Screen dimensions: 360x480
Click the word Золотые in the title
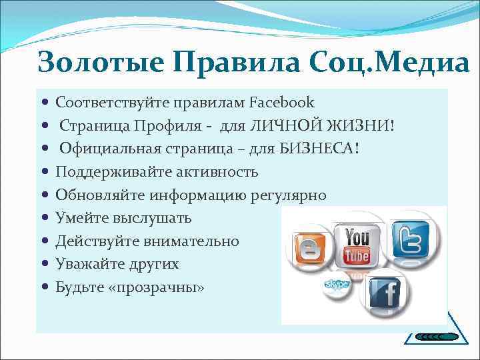pyautogui.click(x=100, y=63)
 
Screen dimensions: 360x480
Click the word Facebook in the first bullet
pyautogui.click(x=281, y=103)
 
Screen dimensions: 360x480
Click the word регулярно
pyautogui.click(x=289, y=195)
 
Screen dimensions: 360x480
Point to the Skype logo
pyautogui.click(x=337, y=285)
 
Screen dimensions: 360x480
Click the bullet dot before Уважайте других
pyautogui.click(x=44, y=265)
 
